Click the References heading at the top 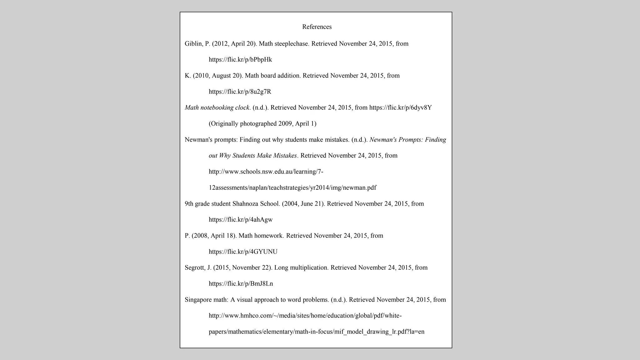(317, 27)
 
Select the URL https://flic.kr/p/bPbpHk (240, 60)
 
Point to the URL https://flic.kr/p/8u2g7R (240, 92)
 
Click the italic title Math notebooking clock (217, 108)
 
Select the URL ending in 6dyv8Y (400, 108)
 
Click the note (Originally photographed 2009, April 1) (262, 124)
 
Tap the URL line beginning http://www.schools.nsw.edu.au (266, 172)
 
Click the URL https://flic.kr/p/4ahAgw (241, 220)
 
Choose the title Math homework (261, 236)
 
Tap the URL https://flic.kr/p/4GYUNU (243, 252)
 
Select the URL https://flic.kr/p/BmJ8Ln (241, 284)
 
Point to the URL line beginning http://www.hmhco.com (305, 316)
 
